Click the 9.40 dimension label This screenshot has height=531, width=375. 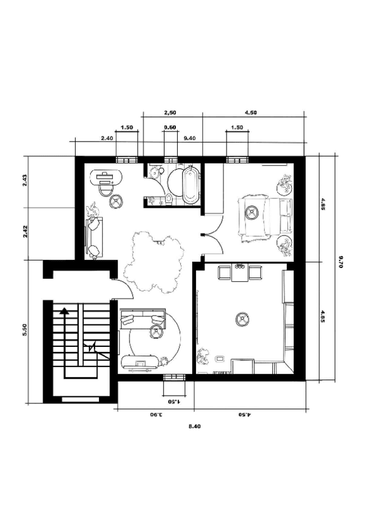(x=189, y=138)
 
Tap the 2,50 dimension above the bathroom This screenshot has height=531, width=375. (x=170, y=113)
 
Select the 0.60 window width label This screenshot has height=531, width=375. (x=170, y=127)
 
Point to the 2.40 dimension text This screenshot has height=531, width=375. (x=107, y=138)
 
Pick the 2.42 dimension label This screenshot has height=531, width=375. (x=25, y=232)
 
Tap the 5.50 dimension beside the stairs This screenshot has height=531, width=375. (x=24, y=329)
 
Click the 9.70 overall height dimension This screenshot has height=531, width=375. (x=341, y=262)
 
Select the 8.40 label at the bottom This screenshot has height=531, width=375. (x=195, y=426)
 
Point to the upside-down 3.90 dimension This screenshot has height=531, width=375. (x=156, y=414)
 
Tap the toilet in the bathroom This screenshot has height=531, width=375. (x=169, y=199)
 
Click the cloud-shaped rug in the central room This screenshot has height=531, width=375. (x=154, y=260)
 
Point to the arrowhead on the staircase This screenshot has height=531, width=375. (x=64, y=311)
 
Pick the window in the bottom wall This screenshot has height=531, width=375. (x=174, y=377)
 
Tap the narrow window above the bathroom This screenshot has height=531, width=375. (x=170, y=160)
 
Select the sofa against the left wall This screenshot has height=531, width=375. (x=94, y=238)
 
